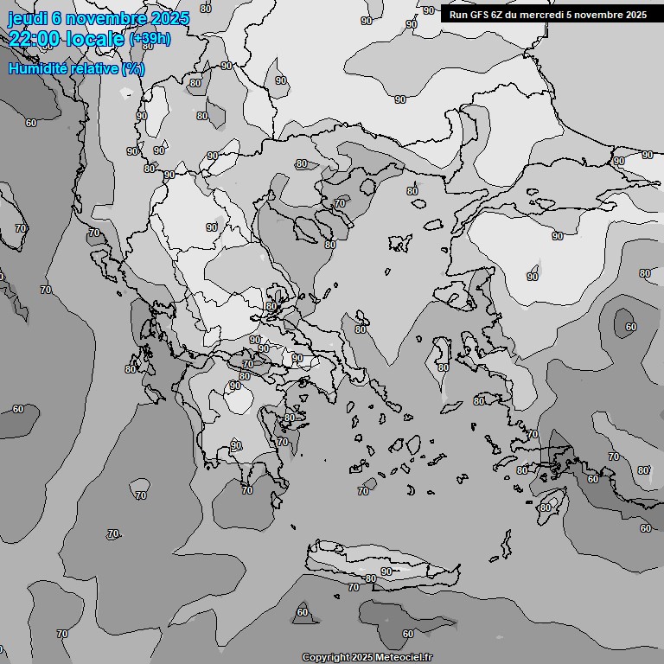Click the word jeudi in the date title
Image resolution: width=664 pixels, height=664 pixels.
coord(25,18)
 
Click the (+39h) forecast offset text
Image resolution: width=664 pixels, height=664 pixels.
coord(150,39)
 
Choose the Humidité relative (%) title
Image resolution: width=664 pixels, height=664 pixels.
coord(76,68)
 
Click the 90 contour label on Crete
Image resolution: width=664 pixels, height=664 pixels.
coord(386,571)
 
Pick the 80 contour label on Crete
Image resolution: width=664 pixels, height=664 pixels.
coord(371,578)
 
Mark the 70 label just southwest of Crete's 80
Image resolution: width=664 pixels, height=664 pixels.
coord(353,587)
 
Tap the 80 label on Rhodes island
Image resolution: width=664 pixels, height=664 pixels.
coord(545,508)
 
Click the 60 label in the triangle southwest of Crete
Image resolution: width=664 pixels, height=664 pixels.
coord(302,612)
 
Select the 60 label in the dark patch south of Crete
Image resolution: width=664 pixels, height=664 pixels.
coord(408,634)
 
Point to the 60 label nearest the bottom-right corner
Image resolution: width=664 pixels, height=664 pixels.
coord(645,528)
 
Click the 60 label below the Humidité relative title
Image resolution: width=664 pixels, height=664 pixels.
coord(31,123)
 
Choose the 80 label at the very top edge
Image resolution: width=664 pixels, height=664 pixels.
coord(205,9)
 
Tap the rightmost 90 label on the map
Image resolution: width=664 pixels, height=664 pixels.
coord(647,155)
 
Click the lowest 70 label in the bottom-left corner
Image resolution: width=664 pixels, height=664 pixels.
coord(61,634)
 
